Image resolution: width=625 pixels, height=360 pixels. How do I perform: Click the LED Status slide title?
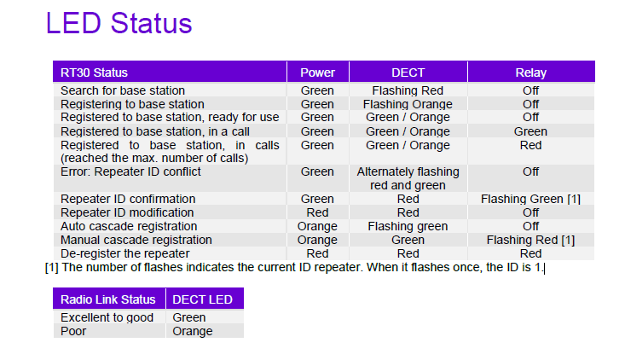pyautogui.click(x=119, y=24)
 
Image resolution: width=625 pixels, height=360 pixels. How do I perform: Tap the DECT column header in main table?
pyautogui.click(x=408, y=73)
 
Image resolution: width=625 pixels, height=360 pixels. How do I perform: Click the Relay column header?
pyautogui.click(x=530, y=73)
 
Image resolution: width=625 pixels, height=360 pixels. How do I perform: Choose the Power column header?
pyautogui.click(x=317, y=73)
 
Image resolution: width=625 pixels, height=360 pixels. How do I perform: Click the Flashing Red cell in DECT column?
pyautogui.click(x=408, y=90)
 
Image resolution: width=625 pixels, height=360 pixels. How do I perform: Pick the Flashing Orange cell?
pyautogui.click(x=408, y=104)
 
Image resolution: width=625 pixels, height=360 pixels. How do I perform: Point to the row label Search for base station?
pyautogui.click(x=123, y=90)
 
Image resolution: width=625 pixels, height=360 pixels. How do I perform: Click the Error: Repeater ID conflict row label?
pyautogui.click(x=130, y=171)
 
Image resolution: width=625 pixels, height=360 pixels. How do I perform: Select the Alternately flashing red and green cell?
pyautogui.click(x=408, y=178)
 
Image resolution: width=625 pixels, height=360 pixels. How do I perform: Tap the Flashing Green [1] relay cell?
pyautogui.click(x=530, y=199)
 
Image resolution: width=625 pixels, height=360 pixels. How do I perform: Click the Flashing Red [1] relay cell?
pyautogui.click(x=530, y=240)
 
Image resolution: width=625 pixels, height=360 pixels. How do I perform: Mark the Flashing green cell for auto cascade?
pyautogui.click(x=408, y=226)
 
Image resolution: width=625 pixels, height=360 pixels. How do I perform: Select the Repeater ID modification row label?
pyautogui.click(x=127, y=212)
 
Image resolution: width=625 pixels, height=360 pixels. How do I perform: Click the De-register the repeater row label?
pyautogui.click(x=124, y=253)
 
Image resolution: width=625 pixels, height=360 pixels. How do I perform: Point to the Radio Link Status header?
pyautogui.click(x=108, y=299)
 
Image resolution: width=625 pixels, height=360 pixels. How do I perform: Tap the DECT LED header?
pyautogui.click(x=203, y=299)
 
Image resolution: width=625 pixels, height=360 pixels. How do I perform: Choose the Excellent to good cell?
pyautogui.click(x=107, y=317)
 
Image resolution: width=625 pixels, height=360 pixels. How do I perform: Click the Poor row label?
pyautogui.click(x=73, y=331)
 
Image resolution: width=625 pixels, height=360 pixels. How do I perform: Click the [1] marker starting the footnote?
pyautogui.click(x=51, y=267)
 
